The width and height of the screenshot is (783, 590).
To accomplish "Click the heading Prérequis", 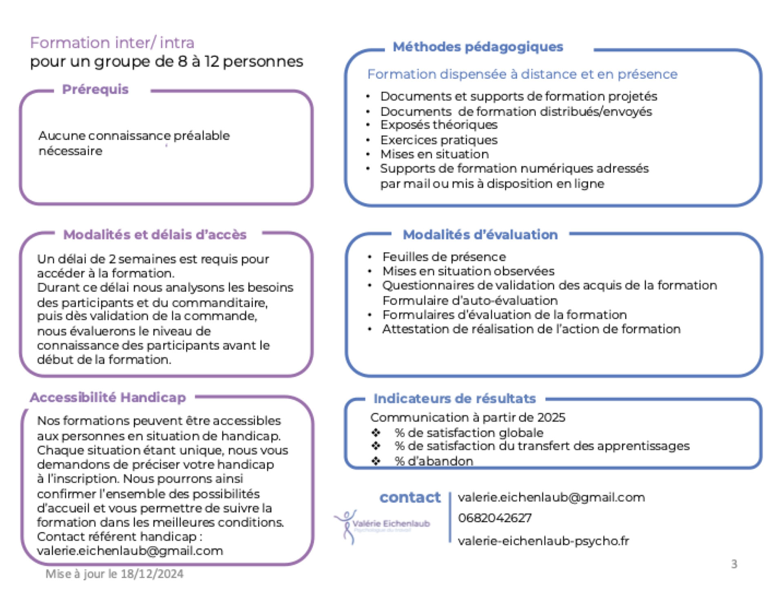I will point(95,89).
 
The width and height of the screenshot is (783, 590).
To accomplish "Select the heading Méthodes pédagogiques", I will point(478,47).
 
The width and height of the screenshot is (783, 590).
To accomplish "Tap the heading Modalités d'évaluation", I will point(480,235).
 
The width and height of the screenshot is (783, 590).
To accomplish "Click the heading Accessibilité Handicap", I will point(108,397).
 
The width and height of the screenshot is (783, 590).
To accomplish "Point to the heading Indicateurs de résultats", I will point(454,399).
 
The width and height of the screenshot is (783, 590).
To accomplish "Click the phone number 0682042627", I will point(495,518).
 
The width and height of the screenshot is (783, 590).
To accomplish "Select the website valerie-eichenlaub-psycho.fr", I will point(543,541).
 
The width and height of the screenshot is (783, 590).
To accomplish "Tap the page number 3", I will point(734,564).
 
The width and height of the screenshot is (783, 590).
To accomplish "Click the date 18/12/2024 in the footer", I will point(152,574).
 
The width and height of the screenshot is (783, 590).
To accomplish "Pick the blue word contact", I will point(410,497).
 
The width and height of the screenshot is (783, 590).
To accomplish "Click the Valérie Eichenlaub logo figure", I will point(346,527).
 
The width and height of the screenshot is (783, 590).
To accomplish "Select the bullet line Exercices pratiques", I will point(439,140).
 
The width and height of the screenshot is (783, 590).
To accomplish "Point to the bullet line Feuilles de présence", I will point(444,257).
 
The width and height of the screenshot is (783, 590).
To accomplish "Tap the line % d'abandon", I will point(434,461).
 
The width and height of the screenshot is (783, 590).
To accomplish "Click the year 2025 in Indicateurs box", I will point(551,417).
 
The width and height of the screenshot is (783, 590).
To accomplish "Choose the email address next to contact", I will point(551,497).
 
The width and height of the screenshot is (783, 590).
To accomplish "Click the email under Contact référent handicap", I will point(130,551).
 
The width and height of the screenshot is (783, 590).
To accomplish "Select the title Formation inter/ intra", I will point(112,43).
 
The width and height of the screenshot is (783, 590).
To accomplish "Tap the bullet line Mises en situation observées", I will point(468,271).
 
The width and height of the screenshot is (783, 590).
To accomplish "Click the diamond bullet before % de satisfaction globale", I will point(376,433).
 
